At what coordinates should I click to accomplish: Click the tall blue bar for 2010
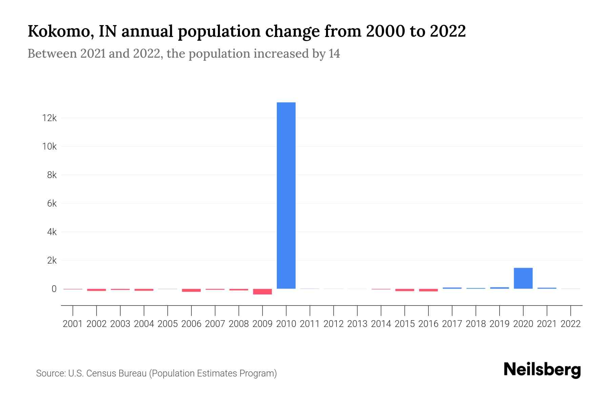286,195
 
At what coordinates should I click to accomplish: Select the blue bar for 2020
523,278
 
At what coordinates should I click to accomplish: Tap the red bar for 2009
262,292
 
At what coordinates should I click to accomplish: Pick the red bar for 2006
191,290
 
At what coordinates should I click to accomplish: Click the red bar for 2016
428,290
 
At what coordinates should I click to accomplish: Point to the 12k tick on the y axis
49,118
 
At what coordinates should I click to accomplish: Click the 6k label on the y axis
52,203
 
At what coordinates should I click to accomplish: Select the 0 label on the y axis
54,289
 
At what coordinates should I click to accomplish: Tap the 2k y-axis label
52,260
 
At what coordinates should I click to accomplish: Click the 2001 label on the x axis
73,324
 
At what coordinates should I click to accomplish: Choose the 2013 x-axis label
357,324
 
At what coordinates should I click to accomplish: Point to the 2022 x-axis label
570,324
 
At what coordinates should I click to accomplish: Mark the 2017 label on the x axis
452,324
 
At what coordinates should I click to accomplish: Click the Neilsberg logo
542,370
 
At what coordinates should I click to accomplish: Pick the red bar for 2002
96,290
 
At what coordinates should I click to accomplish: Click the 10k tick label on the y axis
49,147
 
